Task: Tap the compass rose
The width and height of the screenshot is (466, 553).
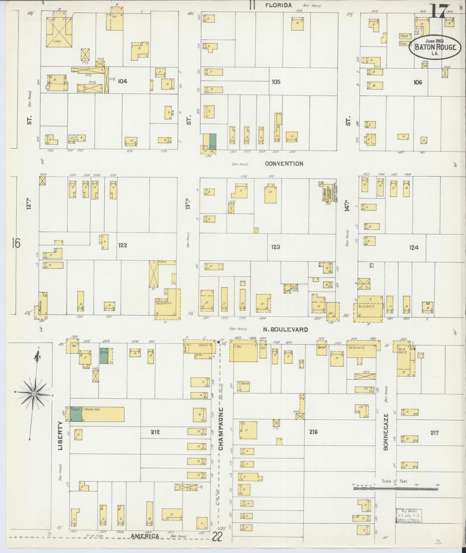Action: [34, 393]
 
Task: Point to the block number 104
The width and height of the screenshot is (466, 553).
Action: [122, 81]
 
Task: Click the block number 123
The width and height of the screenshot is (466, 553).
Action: [276, 247]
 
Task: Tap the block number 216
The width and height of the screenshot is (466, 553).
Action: [313, 432]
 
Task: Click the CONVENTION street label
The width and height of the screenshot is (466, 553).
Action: [284, 164]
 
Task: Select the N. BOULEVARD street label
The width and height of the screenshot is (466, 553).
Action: [285, 329]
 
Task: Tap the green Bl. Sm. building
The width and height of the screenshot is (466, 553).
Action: [104, 356]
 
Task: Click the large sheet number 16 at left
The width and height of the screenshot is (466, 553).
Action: [16, 243]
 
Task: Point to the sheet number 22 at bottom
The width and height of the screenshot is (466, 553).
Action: [217, 537]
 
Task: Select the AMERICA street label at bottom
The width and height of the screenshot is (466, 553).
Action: [145, 536]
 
